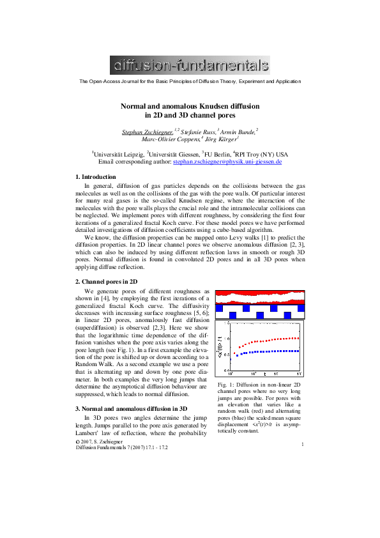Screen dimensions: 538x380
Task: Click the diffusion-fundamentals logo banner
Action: (x=190, y=65)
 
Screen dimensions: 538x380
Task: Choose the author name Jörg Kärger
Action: (x=221, y=138)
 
